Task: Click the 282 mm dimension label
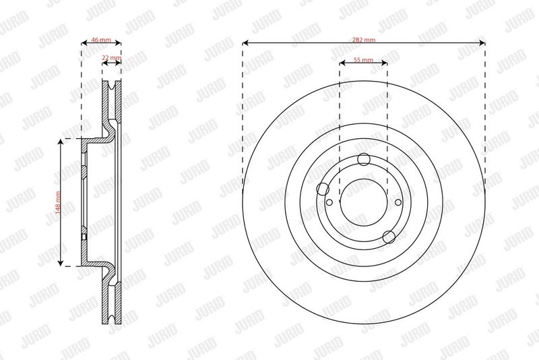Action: (x=364, y=40)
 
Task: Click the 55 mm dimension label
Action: (x=363, y=60)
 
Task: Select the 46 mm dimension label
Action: (x=101, y=40)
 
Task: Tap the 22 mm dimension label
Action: (x=111, y=57)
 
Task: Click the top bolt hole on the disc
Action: (x=364, y=159)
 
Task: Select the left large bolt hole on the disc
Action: (x=323, y=189)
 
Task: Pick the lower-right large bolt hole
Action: (x=389, y=237)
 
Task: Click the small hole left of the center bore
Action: (x=329, y=202)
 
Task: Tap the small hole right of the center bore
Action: (x=398, y=202)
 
